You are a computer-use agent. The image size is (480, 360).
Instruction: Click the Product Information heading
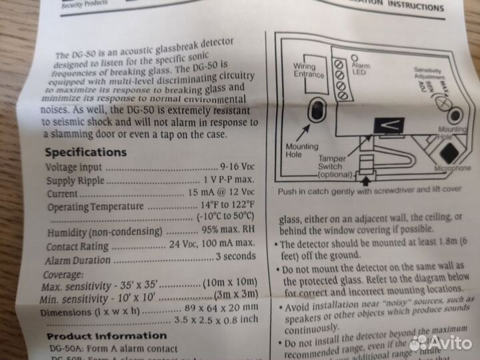point(107,335)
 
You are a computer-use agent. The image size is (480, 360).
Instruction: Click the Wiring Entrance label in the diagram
point(308,72)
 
